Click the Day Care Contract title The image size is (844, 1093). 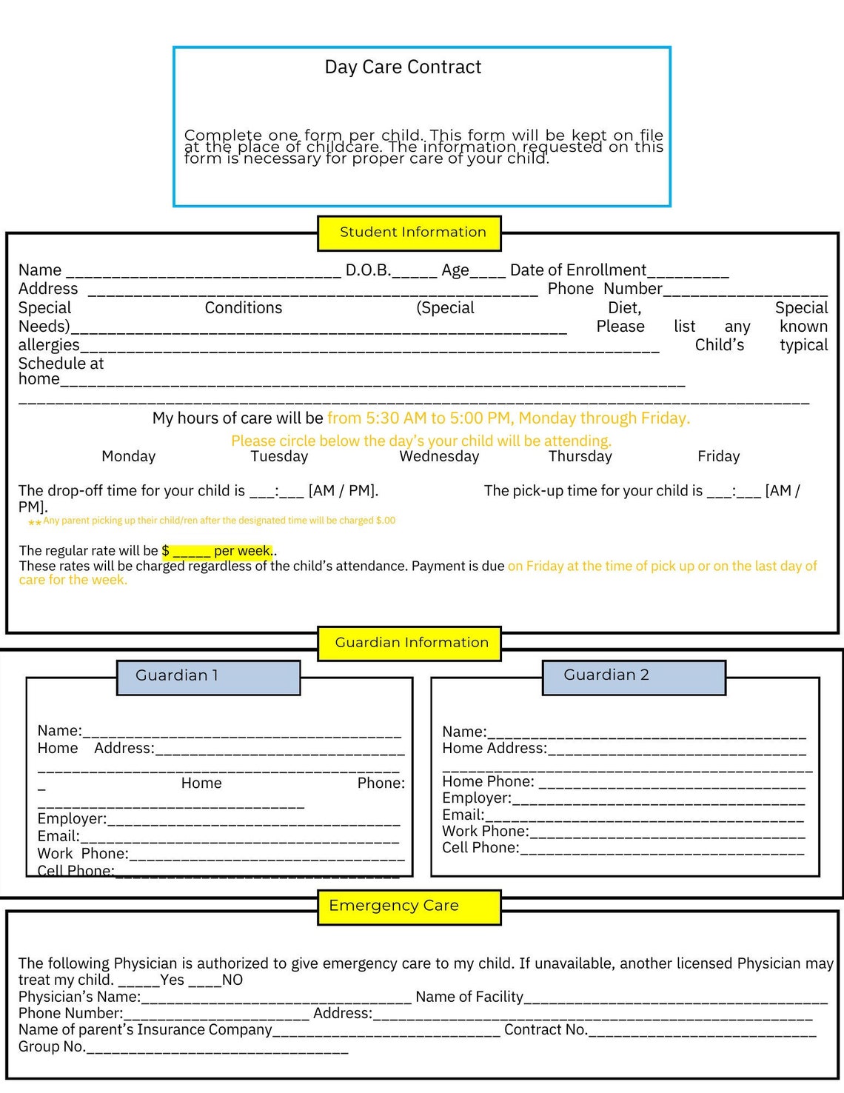coord(403,67)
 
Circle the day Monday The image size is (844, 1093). coord(129,457)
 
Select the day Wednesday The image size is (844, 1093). coord(439,457)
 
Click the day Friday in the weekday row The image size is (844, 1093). coord(718,457)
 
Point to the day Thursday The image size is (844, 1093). coord(580,457)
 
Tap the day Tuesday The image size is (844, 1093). coord(279,457)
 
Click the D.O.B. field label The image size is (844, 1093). coord(368,270)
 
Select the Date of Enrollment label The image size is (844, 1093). coord(577,270)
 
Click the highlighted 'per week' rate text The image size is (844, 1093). coord(242,551)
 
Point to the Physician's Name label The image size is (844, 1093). coord(79,997)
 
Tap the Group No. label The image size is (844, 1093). coord(52,1047)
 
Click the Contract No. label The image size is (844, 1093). coord(546,1030)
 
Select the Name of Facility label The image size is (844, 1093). coord(469,997)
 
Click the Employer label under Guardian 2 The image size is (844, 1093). coord(476,798)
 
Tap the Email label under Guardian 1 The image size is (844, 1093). coord(58,837)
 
